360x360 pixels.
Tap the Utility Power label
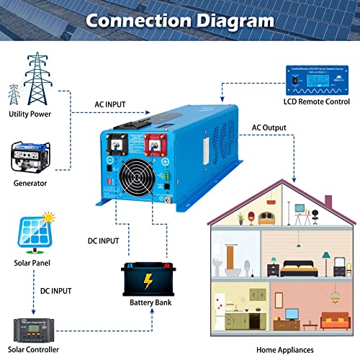[29, 114]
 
